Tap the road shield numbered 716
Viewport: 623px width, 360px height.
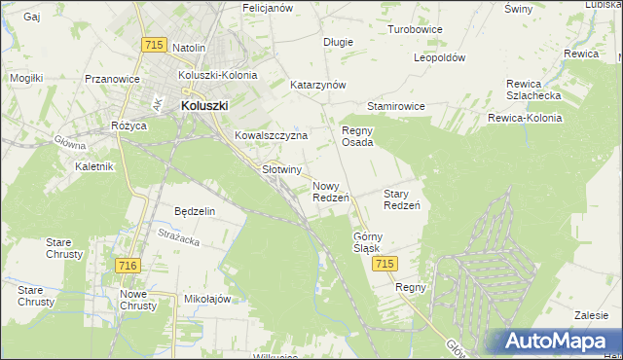[126, 266]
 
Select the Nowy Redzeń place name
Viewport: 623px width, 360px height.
[331, 192]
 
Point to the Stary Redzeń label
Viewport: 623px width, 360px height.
[401, 199]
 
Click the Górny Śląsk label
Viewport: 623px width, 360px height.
[368, 242]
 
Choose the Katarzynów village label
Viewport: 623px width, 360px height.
[318, 85]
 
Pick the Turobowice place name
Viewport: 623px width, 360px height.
[415, 29]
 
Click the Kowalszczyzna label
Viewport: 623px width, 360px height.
[271, 136]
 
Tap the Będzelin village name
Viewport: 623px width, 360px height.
[194, 210]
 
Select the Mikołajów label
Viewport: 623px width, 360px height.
[206, 299]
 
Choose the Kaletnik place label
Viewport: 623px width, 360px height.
[94, 166]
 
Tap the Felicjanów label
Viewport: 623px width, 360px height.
[268, 8]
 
